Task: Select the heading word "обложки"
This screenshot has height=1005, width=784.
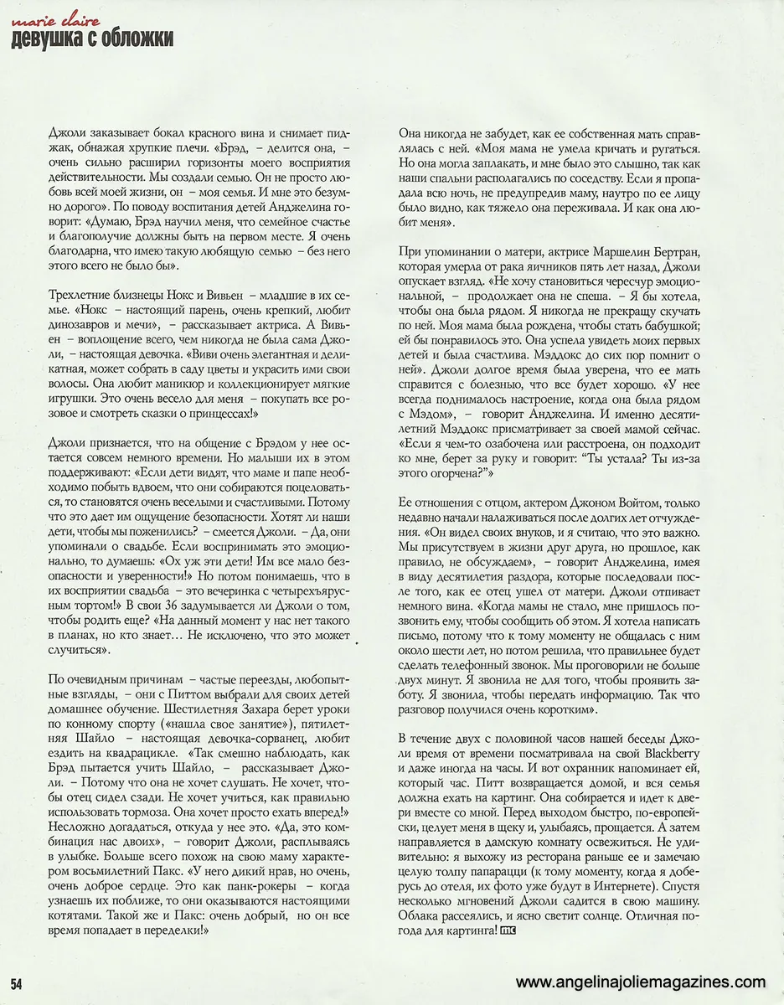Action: tap(137, 39)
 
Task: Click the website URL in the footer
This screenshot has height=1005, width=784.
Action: tap(641, 982)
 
